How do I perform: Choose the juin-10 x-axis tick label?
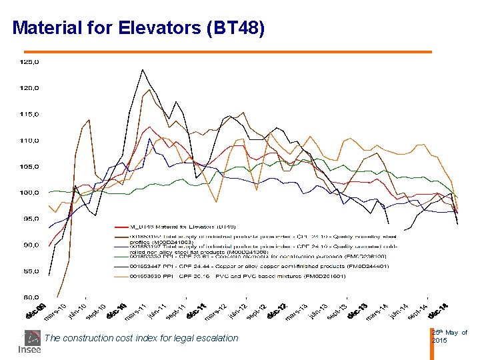[x=77, y=311]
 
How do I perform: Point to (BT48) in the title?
[x=236, y=29]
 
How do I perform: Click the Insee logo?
[x=29, y=342]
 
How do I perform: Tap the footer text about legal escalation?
[x=141, y=338]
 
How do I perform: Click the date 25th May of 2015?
[x=449, y=337]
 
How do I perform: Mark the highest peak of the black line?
[x=142, y=69]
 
